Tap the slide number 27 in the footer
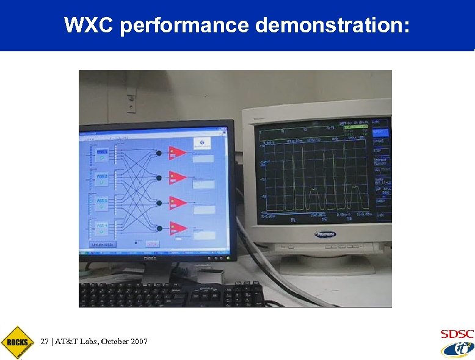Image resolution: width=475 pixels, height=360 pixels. pyautogui.click(x=44, y=342)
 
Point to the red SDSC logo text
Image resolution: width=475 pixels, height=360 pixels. pyautogui.click(x=456, y=334)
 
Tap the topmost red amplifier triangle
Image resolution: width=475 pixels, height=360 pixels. pyautogui.click(x=177, y=153)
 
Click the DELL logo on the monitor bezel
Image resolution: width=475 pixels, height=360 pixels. pyautogui.click(x=150, y=258)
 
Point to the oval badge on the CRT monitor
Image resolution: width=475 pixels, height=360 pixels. pyautogui.click(x=325, y=234)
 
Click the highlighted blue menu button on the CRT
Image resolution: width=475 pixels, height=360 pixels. pyautogui.click(x=382, y=132)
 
